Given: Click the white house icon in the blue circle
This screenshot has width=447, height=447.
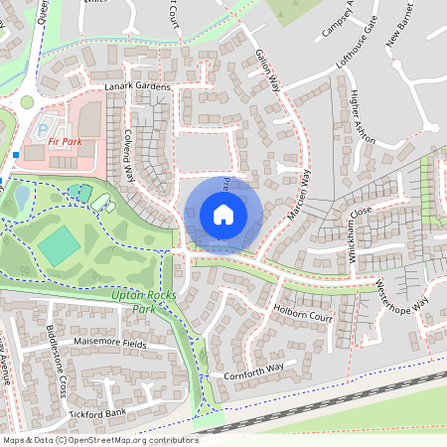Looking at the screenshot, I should coord(223,215).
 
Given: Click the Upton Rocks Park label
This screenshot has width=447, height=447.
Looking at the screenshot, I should coord(138,301).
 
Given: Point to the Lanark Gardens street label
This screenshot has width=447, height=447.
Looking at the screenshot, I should coord(138,87).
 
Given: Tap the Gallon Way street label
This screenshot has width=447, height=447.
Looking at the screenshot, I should coord(269,72).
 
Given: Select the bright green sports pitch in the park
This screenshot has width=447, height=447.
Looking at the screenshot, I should coord(61,243).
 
